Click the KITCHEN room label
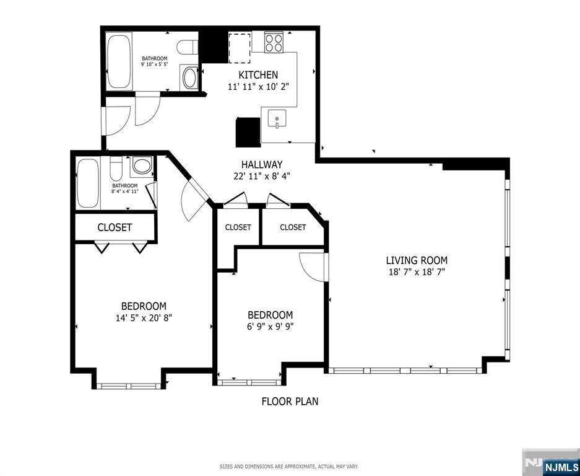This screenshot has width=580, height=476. pos(258,75)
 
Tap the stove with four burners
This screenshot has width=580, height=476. pos(274,43)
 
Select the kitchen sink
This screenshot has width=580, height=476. pos(277,118)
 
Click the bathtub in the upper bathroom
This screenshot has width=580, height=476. pos(119,61)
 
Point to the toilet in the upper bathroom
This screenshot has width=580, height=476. pos(187,48)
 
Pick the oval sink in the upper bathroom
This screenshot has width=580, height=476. pos(190,78)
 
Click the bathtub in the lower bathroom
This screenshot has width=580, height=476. pos(88,183)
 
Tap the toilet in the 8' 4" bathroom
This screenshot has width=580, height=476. pos(116,167)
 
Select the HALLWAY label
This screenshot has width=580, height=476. pos(262,164)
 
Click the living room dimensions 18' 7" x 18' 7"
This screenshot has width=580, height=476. pos(416,272)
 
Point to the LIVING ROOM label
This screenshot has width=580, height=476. pos(417,260)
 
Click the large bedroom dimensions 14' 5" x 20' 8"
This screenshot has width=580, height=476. pos(144,318)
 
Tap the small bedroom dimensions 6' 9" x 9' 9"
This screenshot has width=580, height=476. pos(271,327)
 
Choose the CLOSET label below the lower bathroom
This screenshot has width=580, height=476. pos(115,227)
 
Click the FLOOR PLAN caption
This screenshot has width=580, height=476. pos(290,401)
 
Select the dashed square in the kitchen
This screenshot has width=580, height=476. pos(240,48)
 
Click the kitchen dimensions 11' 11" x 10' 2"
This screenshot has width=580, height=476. pos(258,87)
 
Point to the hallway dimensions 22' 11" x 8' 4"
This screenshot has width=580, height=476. pos(261,176)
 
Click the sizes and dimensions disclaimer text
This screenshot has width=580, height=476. pos(289,466)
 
